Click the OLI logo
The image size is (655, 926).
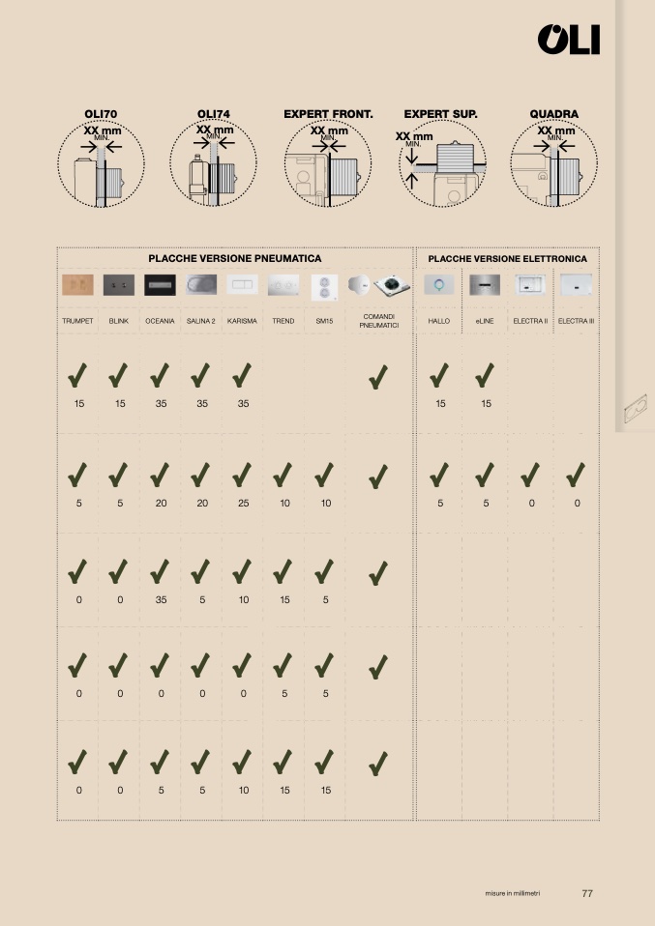pos(569,40)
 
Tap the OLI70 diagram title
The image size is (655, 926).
pos(101,114)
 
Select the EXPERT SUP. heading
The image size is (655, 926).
pos(440,114)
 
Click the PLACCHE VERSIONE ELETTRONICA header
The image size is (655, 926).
pos(507,259)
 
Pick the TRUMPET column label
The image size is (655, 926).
pos(77,321)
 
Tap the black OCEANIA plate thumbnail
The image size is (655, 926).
pos(160,284)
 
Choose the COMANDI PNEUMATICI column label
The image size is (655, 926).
pos(379,321)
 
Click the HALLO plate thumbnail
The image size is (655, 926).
pos(438,284)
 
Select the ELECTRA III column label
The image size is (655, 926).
pos(576,321)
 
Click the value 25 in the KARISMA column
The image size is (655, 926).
pos(244,504)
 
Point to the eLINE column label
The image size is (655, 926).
pos(484,321)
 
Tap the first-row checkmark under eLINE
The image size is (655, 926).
pos(484,376)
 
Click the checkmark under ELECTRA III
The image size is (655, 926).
pos(576,475)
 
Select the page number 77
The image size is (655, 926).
pos(587,893)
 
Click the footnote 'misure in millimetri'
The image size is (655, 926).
pos(513,893)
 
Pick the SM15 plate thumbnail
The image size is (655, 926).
pos(324,287)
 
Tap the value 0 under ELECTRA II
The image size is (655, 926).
pos(531,504)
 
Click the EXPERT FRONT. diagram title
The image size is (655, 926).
pos(328,114)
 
